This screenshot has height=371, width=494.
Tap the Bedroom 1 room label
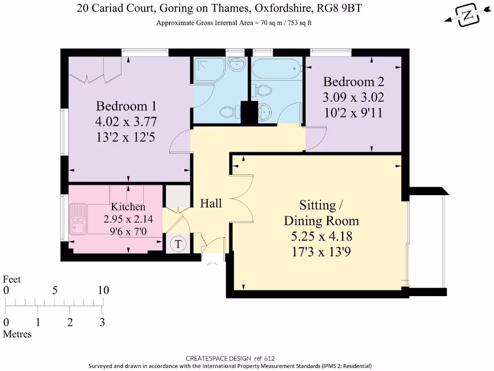click(x=126, y=106)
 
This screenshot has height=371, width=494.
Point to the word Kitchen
click(x=128, y=207)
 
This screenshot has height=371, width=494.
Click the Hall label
click(x=211, y=203)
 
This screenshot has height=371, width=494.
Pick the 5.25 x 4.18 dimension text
click(x=321, y=237)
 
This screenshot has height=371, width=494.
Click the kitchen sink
click(x=77, y=219)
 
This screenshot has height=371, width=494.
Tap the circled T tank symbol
click(x=178, y=244)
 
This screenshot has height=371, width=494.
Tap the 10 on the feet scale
click(x=103, y=290)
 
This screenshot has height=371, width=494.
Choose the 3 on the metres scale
click(x=102, y=322)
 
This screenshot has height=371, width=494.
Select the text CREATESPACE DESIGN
click(x=218, y=358)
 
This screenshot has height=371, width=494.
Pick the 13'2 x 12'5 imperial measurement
click(x=126, y=137)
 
